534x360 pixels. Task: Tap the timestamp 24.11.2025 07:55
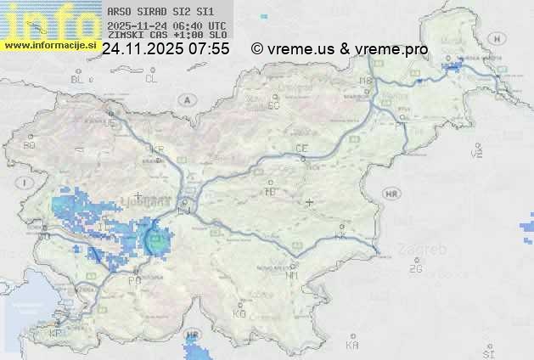(x=166, y=49)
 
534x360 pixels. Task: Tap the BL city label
(x=78, y=79)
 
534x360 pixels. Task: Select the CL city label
(x=151, y=79)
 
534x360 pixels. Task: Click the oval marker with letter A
(x=184, y=99)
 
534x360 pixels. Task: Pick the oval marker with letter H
(x=496, y=38)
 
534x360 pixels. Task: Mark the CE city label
(x=301, y=149)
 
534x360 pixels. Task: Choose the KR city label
(x=156, y=149)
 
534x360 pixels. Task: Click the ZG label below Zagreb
(x=415, y=269)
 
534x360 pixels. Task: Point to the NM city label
(x=293, y=276)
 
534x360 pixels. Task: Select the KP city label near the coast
(x=56, y=334)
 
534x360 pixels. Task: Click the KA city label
(x=352, y=346)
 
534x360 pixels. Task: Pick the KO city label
(x=239, y=313)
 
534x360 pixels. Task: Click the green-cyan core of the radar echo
(x=156, y=241)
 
